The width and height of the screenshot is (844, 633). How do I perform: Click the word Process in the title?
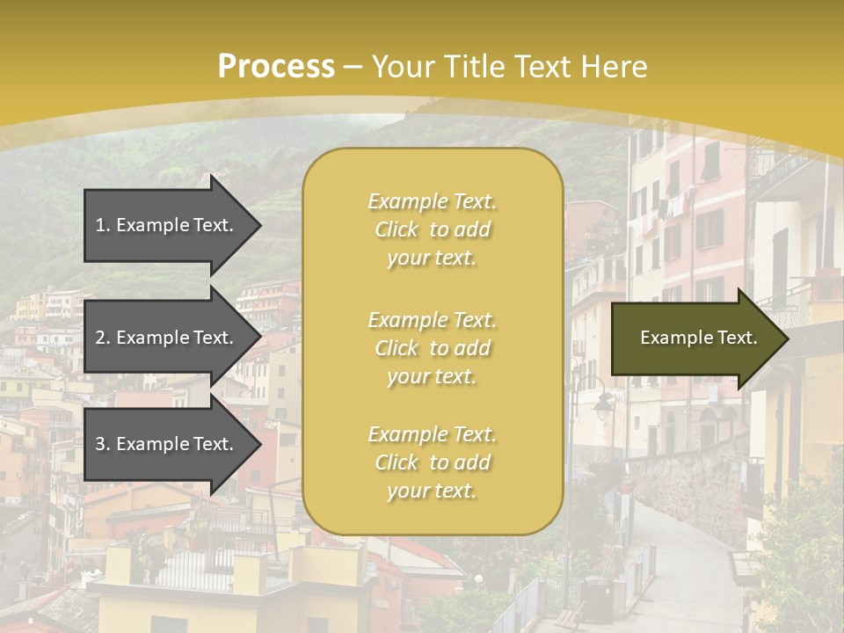point(276,67)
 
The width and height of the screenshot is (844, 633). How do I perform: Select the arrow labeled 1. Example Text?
point(167,225)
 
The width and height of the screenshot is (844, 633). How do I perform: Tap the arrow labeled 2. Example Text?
point(167,338)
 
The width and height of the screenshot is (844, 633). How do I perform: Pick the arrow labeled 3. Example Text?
point(167,444)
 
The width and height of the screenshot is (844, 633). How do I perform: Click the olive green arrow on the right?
point(695,338)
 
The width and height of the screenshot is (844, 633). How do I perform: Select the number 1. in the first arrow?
point(103,225)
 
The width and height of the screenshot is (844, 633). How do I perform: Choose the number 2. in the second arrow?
point(103,338)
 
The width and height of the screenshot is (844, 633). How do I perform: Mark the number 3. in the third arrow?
point(103,444)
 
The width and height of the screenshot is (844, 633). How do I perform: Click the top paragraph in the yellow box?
point(432,229)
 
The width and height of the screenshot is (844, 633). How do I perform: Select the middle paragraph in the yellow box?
point(432,348)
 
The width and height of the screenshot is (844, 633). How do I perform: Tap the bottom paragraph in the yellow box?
point(432,462)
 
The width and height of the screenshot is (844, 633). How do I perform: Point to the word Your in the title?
point(405,67)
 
